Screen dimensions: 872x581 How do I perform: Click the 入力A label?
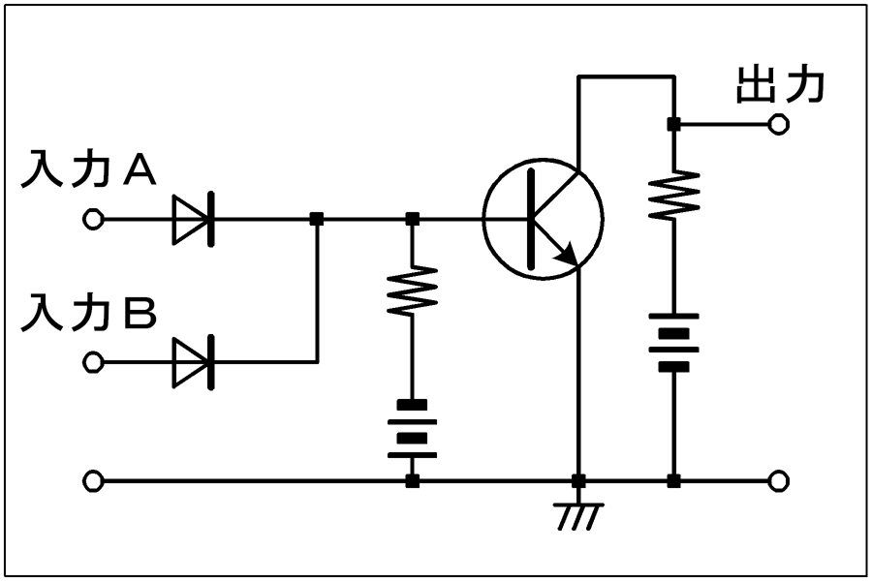(88, 169)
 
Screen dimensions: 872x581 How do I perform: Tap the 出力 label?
(780, 85)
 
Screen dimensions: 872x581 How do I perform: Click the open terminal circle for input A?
(93, 219)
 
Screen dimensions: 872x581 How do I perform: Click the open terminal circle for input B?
(93, 362)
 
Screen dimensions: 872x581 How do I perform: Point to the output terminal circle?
(779, 124)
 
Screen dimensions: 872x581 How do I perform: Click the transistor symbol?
(543, 219)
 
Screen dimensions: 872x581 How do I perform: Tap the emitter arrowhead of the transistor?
(569, 256)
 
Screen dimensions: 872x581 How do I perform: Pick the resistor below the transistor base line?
(412, 290)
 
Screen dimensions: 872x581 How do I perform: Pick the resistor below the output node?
(674, 196)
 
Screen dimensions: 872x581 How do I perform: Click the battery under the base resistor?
(412, 430)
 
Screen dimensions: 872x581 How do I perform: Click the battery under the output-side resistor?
(674, 343)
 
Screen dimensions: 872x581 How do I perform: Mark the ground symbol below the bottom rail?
(579, 516)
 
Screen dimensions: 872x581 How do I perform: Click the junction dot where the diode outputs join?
(317, 219)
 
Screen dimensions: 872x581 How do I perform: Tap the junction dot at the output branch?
(674, 124)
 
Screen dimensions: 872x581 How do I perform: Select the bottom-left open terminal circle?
(93, 481)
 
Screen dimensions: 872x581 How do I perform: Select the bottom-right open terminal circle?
(779, 481)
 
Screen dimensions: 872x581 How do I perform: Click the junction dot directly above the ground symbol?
(579, 481)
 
